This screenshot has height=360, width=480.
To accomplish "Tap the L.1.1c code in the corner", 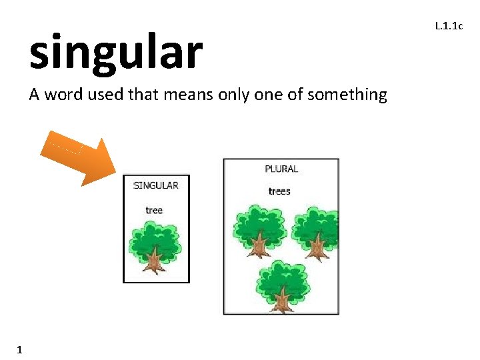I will [x=449, y=27].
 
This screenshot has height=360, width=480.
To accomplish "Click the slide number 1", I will [x=20, y=349].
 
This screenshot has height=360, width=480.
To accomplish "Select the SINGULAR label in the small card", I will [x=156, y=185].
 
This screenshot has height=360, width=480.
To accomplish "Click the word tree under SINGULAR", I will [x=154, y=211].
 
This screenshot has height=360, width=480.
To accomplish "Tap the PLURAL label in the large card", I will [x=281, y=169].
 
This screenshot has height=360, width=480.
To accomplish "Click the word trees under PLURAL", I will [x=279, y=191].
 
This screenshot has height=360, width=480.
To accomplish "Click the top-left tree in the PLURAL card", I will [x=259, y=230].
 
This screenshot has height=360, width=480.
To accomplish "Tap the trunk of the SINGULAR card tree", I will [x=155, y=261].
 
